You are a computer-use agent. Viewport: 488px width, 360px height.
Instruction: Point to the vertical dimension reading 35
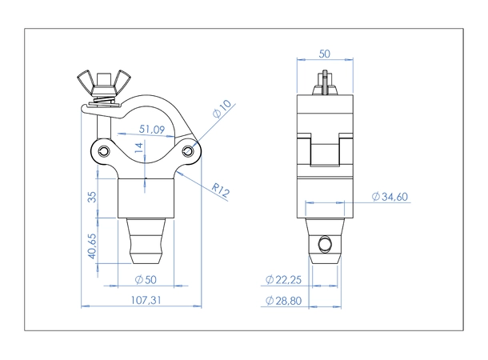[93, 196]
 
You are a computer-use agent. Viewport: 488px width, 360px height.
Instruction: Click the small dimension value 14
[138, 147]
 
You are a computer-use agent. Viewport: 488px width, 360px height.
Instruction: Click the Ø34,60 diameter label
[392, 196]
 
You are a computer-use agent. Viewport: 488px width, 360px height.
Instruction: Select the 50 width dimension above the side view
[325, 54]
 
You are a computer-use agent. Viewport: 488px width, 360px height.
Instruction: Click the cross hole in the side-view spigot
[324, 242]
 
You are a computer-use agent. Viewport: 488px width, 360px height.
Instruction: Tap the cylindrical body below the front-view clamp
[146, 196]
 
